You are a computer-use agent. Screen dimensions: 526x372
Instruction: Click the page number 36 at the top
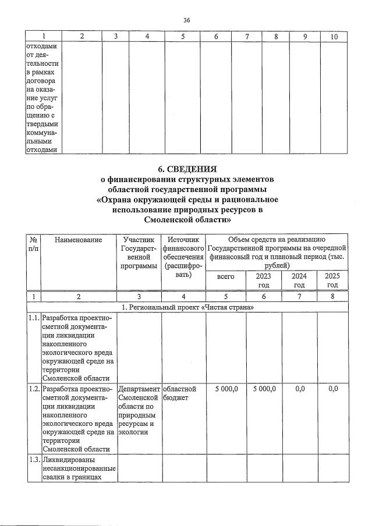(186, 20)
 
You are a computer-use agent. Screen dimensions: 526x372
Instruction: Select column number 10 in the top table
(334, 37)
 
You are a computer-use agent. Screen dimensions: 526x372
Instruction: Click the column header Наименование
(78, 239)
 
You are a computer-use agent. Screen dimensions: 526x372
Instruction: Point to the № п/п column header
(34, 244)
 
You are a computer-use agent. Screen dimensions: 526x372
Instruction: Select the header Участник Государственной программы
(138, 253)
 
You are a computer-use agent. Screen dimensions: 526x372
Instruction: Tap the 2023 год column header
(264, 280)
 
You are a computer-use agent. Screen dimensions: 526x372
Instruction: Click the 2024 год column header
(299, 280)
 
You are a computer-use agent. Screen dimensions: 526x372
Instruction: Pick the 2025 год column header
(332, 280)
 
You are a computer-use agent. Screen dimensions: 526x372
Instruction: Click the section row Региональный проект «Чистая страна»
(186, 307)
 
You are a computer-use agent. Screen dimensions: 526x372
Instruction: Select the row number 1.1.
(34, 318)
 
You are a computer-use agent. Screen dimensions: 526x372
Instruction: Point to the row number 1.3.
(34, 461)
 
